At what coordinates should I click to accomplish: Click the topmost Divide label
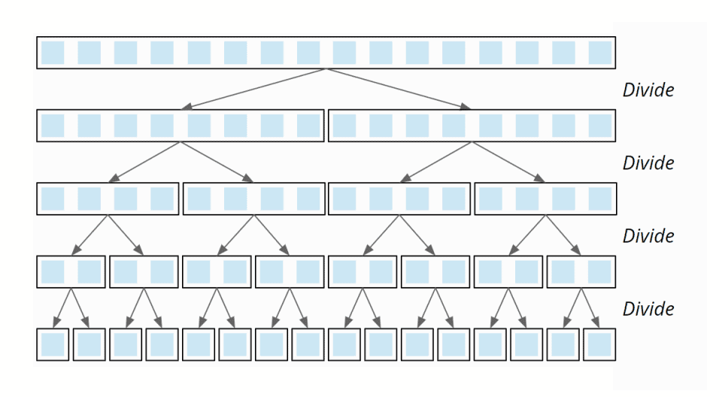[648, 90]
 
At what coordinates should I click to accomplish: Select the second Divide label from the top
[648, 163]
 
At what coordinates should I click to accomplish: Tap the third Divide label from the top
[648, 236]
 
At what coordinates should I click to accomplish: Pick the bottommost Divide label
[648, 309]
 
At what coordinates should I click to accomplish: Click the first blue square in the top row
[53, 53]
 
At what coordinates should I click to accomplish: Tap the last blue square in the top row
[600, 53]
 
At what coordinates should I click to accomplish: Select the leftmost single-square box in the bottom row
[53, 344]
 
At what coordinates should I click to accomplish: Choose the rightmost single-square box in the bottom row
[600, 344]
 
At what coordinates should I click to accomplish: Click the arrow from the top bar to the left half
[252, 89]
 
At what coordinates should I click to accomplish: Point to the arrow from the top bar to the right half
[399, 89]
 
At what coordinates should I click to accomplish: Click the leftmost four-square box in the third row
[108, 199]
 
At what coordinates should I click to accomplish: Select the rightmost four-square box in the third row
[545, 199]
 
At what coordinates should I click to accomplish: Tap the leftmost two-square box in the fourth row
[71, 272]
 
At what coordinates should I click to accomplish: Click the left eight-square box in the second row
[181, 126]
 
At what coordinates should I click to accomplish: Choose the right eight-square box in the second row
[472, 126]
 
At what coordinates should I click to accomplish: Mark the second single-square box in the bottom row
[89, 344]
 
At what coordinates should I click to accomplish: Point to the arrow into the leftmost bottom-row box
[61, 309]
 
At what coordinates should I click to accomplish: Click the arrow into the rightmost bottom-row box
[591, 309]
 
